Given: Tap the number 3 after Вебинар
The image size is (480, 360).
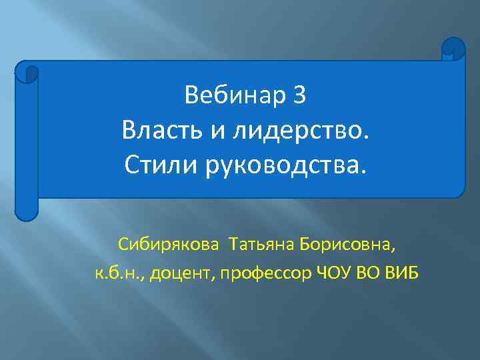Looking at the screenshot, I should point(299,97).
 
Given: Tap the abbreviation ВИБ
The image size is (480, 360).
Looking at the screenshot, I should point(402,274).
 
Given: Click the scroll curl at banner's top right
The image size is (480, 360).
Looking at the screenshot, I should point(453,49).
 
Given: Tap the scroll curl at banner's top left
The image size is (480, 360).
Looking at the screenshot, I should point(27,71).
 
